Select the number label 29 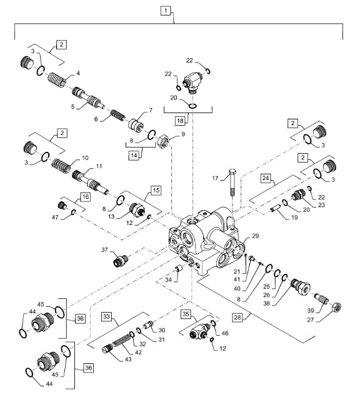pyautogui.click(x=255, y=236)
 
